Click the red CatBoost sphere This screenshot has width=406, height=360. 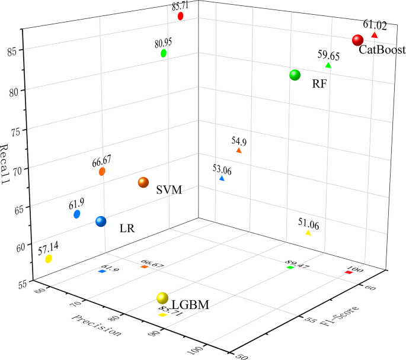pyautogui.click(x=357, y=40)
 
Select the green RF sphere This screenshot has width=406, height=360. pyautogui.click(x=295, y=75)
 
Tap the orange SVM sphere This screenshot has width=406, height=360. pyautogui.click(x=143, y=182)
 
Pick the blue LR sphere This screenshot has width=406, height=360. pyautogui.click(x=101, y=221)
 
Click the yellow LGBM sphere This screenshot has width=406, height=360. pyautogui.click(x=162, y=298)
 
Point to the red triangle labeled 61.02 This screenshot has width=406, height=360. pyautogui.click(x=374, y=36)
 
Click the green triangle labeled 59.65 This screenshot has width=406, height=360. pyautogui.click(x=328, y=66)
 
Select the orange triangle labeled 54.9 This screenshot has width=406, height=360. pyautogui.click(x=239, y=151)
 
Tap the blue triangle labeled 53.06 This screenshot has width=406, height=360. pyautogui.click(x=222, y=178)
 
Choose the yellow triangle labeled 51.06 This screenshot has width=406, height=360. pyautogui.click(x=308, y=233)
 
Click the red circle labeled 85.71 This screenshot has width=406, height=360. pyautogui.click(x=181, y=16)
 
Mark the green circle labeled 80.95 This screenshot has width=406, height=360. pyautogui.click(x=164, y=53)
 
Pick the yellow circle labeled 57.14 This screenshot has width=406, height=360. pyautogui.click(x=49, y=259)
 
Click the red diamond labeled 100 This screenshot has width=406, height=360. pyautogui.click(x=348, y=272)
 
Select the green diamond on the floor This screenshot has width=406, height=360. pyautogui.click(x=290, y=268)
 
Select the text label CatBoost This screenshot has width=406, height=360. pyautogui.click(x=382, y=52)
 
